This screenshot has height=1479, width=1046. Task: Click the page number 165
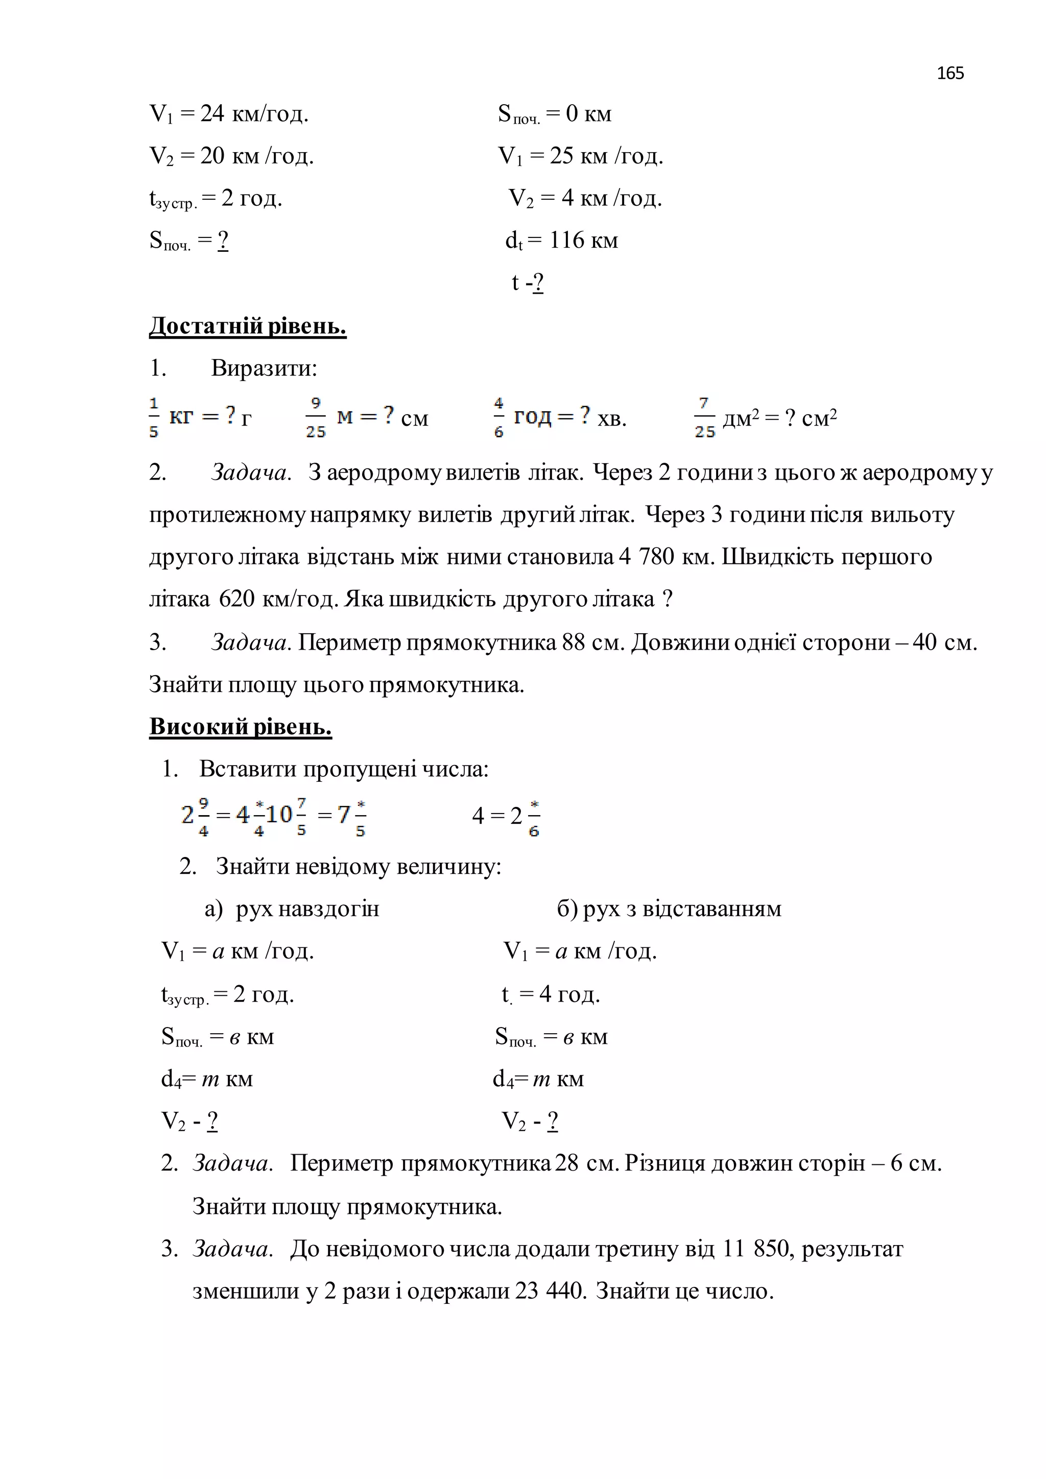tap(950, 73)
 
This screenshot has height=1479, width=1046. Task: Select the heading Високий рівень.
tap(240, 727)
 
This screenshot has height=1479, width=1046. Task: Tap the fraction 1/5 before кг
tap(154, 417)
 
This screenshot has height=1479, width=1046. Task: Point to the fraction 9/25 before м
tap(316, 417)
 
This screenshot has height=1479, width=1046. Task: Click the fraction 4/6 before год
tap(498, 417)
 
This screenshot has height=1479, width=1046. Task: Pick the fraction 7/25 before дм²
tap(705, 417)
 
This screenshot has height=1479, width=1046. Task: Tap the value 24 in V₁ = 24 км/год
tap(212, 113)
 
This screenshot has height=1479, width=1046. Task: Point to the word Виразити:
tap(264, 368)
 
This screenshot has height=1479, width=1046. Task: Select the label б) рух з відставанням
tap(669, 909)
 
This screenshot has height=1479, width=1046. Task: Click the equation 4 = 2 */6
tap(506, 816)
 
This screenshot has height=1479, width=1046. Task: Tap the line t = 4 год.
tap(550, 994)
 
